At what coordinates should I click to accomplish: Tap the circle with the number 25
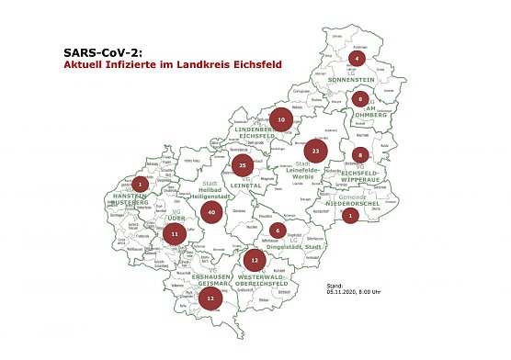[242, 165]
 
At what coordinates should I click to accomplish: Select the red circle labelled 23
[315, 149]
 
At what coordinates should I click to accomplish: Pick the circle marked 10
[281, 119]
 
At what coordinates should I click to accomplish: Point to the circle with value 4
[358, 59]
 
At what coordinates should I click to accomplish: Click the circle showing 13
[254, 260]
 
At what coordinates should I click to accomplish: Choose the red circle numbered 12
[210, 298]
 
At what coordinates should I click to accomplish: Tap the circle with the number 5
[361, 154]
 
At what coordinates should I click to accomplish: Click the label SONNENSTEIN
[358, 80]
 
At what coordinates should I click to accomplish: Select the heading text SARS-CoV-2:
[105, 53]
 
